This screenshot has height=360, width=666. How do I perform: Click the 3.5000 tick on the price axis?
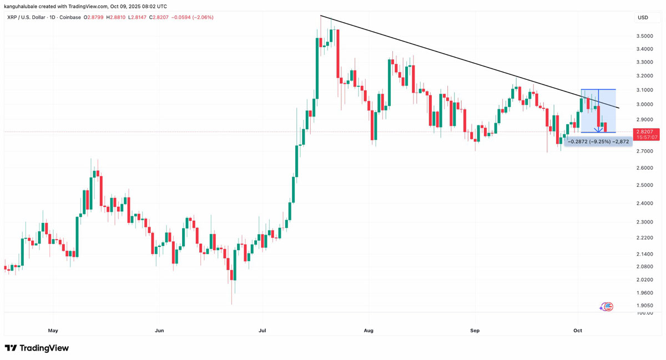coord(644,36)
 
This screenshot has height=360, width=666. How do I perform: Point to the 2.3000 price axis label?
coord(644,222)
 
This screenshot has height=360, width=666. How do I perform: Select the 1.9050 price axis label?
coord(644,306)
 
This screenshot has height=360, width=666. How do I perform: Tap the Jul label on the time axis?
coord(263,331)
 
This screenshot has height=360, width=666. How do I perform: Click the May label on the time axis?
coord(53,331)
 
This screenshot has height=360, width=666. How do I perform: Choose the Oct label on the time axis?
coord(578,331)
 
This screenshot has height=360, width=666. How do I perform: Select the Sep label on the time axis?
coord(475,331)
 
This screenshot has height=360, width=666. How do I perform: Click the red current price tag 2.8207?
coord(648,131)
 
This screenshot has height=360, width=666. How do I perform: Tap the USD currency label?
coord(643,18)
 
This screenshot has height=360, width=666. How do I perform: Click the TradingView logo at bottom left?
coord(37,348)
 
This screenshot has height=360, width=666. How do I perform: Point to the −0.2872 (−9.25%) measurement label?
coord(598,141)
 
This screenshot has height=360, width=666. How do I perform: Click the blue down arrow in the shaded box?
coord(598,129)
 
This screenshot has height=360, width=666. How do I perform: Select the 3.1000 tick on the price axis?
coord(644,90)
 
